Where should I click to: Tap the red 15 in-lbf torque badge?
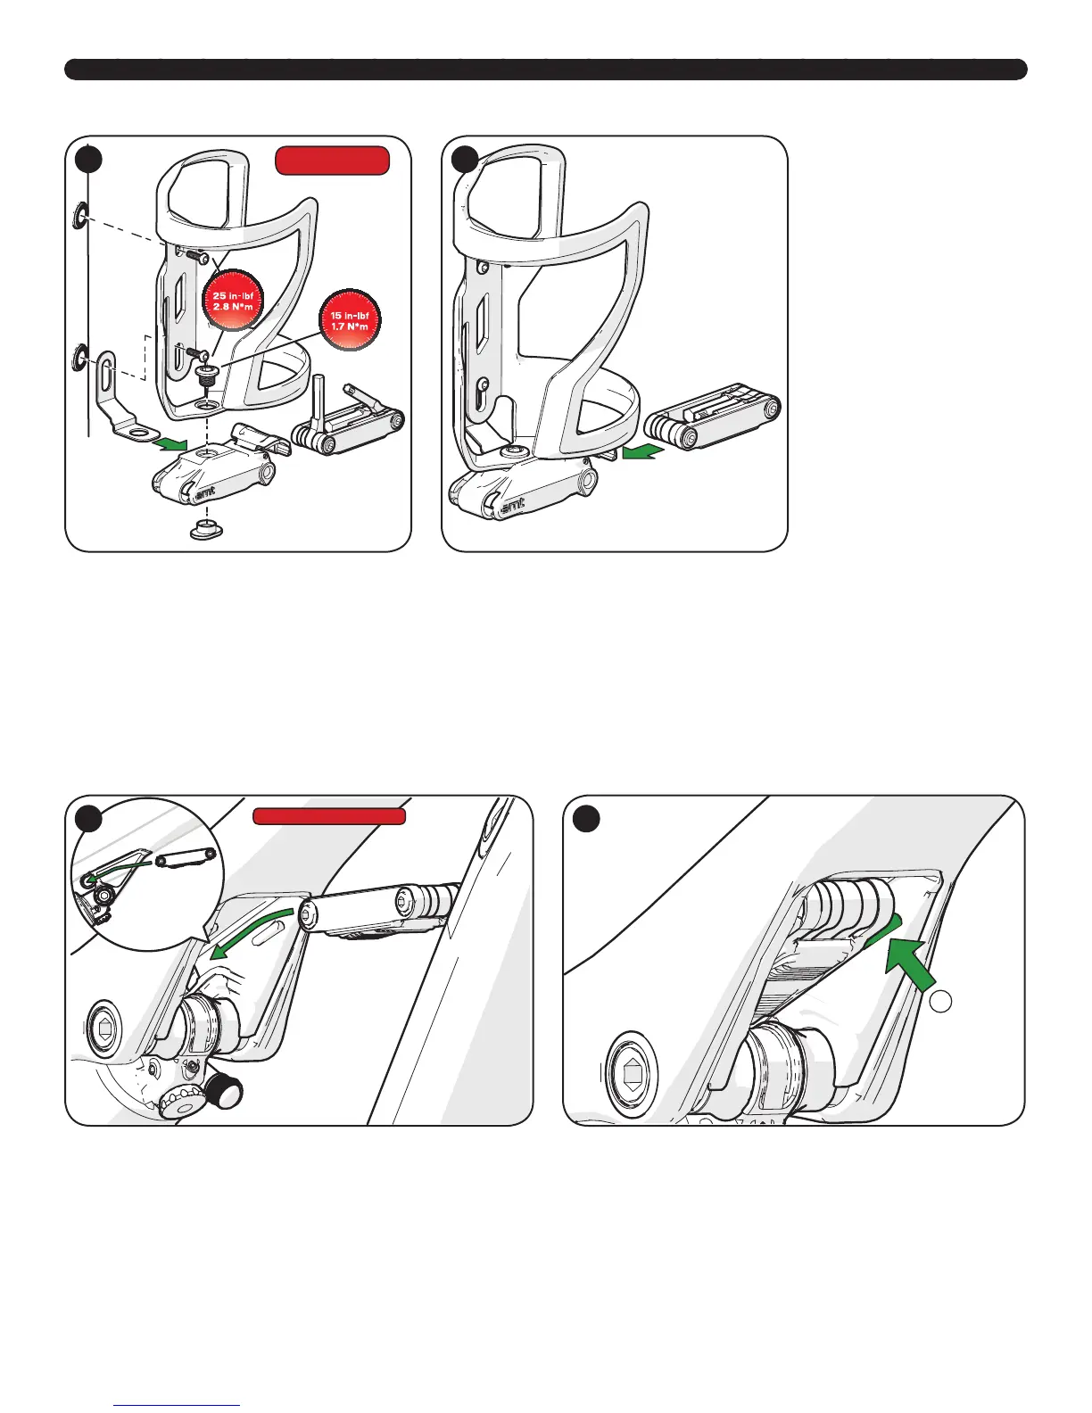click(x=350, y=320)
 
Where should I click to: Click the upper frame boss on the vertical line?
click(x=80, y=215)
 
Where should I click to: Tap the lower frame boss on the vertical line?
click(x=79, y=359)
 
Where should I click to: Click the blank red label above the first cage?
click(x=332, y=161)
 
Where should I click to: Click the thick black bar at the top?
click(x=545, y=70)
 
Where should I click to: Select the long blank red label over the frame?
click(x=329, y=815)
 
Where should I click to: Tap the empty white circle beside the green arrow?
click(x=940, y=1002)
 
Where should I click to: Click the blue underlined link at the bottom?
click(x=178, y=1405)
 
